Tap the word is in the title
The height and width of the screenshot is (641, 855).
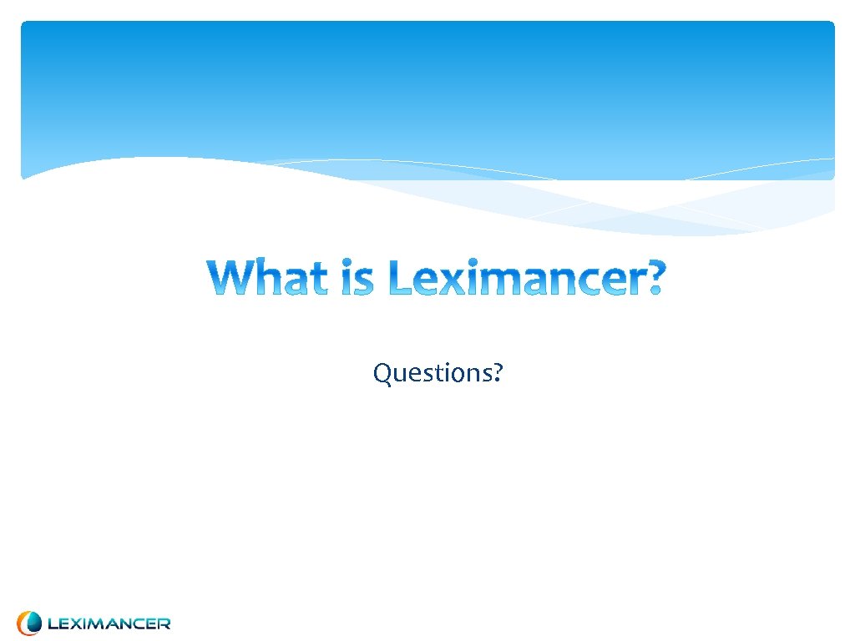(x=362, y=278)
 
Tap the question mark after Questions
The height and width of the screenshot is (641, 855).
(x=498, y=372)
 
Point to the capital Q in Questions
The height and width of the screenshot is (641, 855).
(x=382, y=373)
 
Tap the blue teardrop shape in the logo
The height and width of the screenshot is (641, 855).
(x=33, y=623)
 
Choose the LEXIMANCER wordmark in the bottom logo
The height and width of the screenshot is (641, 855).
(x=109, y=623)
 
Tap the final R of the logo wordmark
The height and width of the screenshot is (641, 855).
(x=164, y=623)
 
